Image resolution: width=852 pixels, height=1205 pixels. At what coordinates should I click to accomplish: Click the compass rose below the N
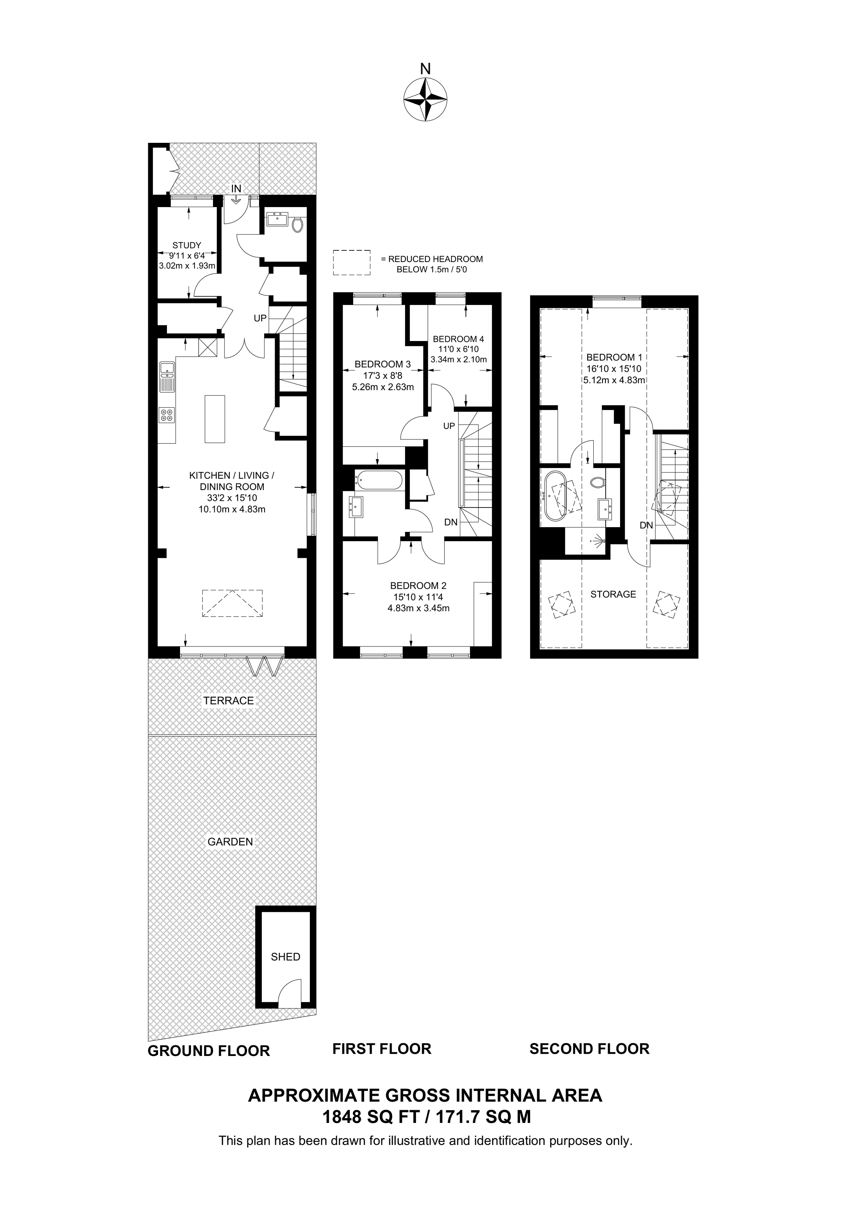tap(425, 99)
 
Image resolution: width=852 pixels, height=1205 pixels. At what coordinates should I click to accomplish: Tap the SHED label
tap(285, 957)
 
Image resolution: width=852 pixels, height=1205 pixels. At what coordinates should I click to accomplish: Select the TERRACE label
tap(228, 700)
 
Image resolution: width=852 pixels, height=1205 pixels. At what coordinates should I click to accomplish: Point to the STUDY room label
tap(187, 245)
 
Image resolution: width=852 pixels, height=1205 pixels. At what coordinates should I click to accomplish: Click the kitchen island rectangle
tap(215, 419)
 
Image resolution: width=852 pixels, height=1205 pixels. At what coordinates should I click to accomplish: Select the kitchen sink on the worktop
tap(167, 377)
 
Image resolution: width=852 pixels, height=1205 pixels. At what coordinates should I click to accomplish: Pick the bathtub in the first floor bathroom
tap(379, 480)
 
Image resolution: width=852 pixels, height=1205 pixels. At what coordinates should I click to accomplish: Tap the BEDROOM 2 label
tap(418, 586)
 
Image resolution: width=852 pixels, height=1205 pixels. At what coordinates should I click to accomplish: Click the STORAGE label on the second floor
tap(613, 594)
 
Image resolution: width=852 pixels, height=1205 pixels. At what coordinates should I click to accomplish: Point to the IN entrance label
tap(236, 189)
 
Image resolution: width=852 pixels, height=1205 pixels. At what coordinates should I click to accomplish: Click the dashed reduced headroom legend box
tap(351, 262)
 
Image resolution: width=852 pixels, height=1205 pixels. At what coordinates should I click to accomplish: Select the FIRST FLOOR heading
tap(381, 1049)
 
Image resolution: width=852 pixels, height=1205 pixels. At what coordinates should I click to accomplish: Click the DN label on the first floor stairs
tap(450, 522)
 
